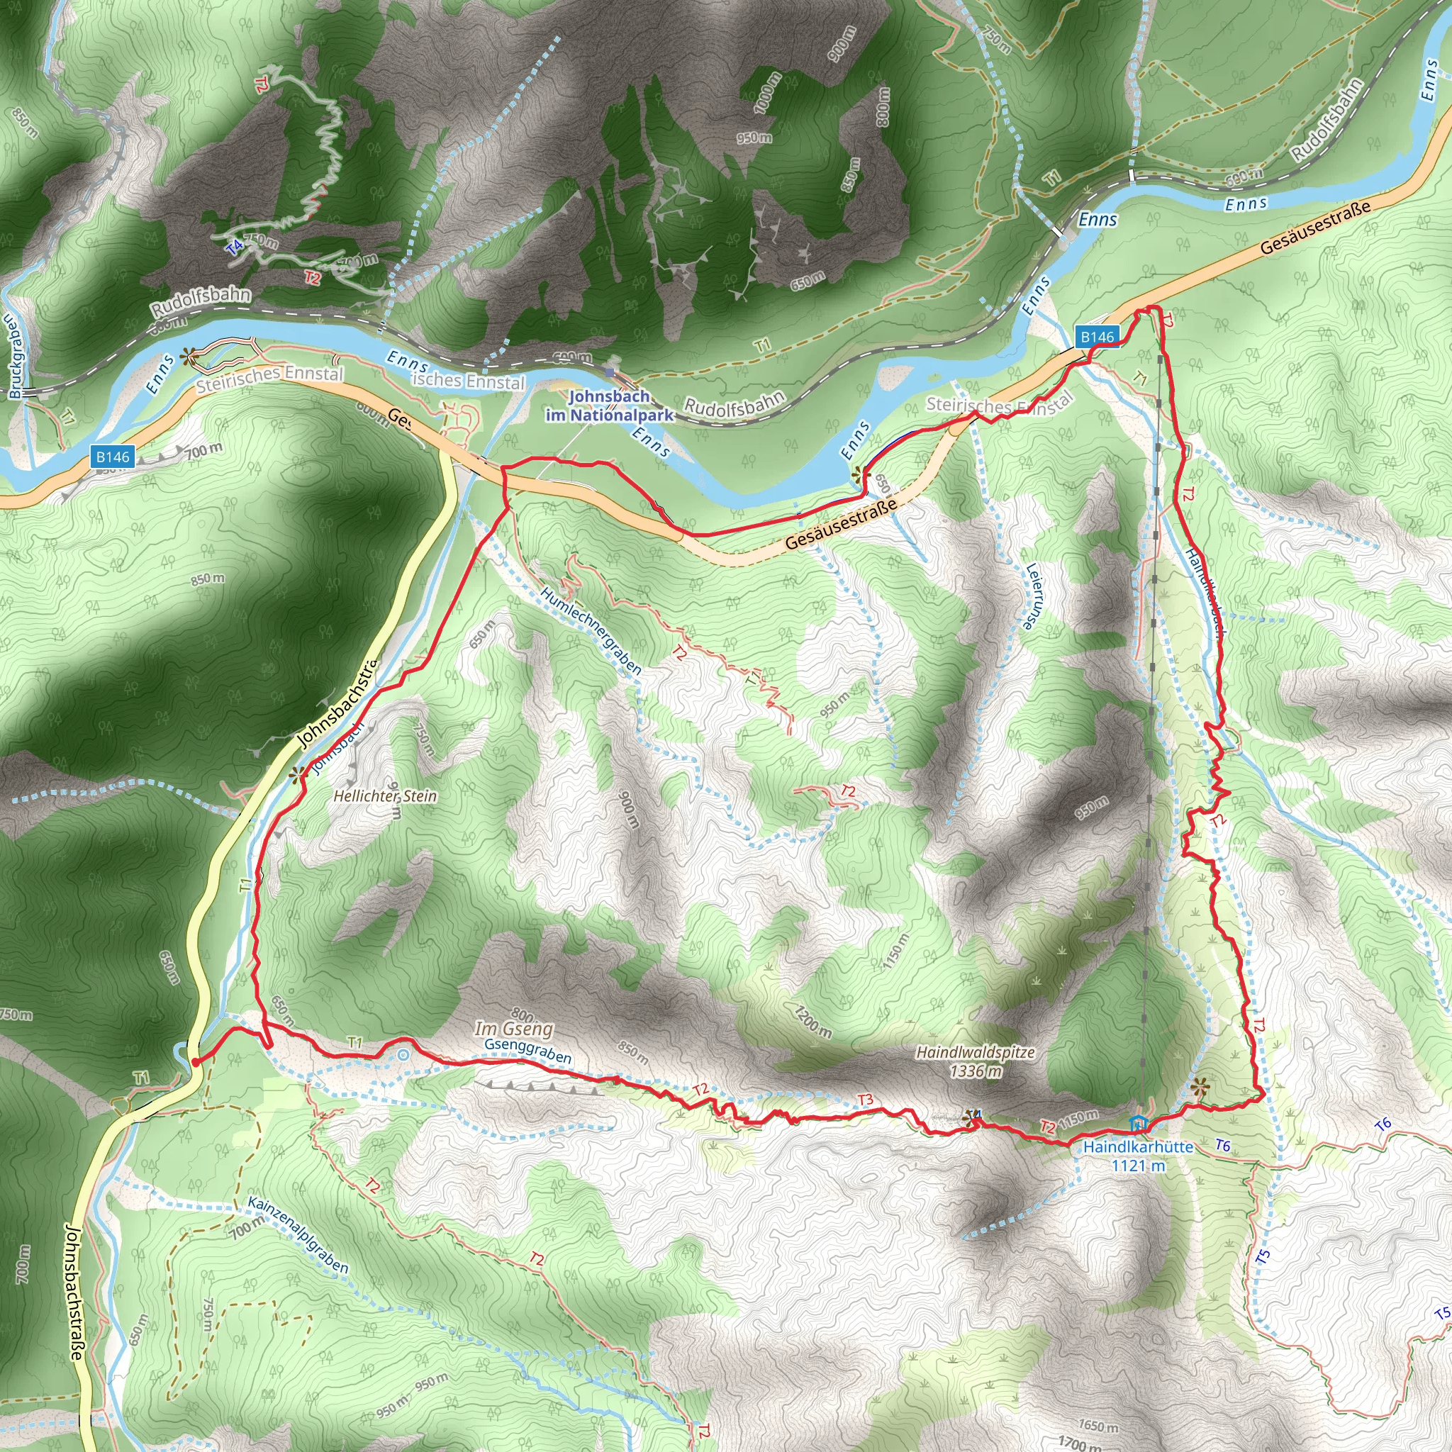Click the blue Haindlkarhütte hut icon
tap(1139, 1124)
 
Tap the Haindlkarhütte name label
tap(1138, 1147)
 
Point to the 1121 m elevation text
tap(1139, 1165)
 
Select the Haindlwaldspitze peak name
tap(975, 1052)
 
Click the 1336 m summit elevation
tap(976, 1070)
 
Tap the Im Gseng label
tap(513, 1028)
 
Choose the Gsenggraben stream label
tap(527, 1050)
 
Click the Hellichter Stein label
tap(385, 796)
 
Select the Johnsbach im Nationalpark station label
tap(610, 405)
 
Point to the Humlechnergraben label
tap(591, 630)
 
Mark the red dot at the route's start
tap(195, 1062)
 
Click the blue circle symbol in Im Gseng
tap(403, 1054)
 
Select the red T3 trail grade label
tap(865, 1100)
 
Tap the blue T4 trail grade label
tap(235, 246)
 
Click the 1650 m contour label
tap(1098, 1426)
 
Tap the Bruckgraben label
tap(15, 357)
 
